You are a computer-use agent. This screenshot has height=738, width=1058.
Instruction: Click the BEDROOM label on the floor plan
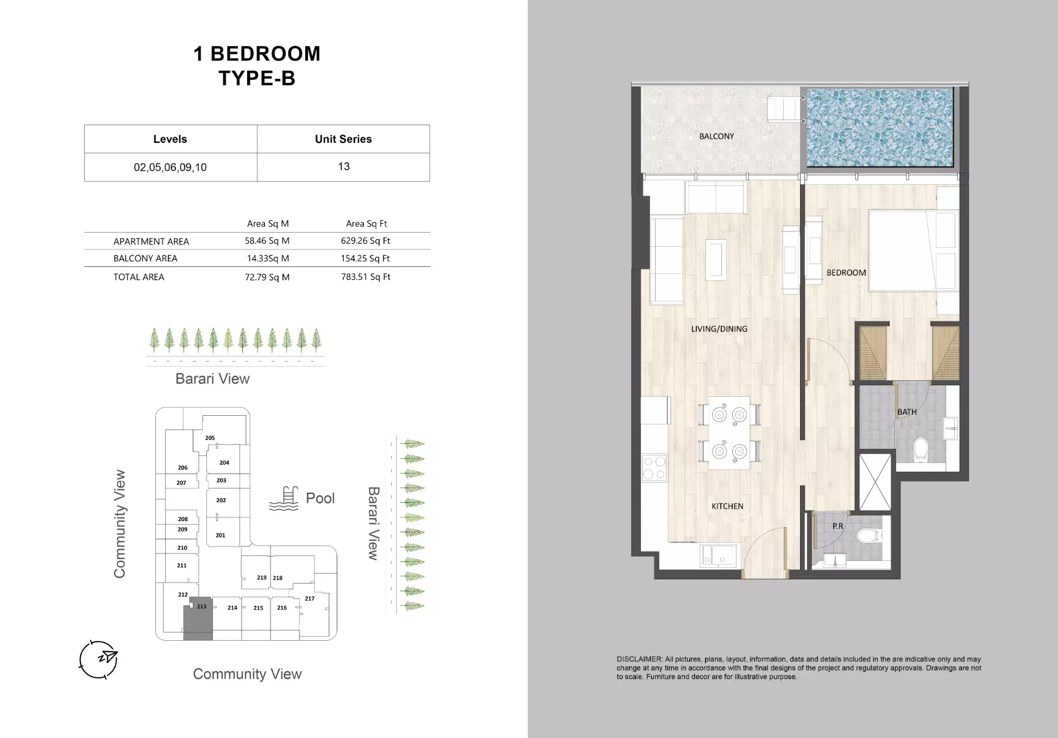[846, 273]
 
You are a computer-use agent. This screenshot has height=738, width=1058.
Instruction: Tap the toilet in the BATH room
[920, 450]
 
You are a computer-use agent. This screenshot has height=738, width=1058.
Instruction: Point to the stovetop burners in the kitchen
[654, 468]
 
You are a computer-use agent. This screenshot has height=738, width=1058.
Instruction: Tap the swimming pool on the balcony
[879, 128]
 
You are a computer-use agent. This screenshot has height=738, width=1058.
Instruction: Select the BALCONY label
[716, 136]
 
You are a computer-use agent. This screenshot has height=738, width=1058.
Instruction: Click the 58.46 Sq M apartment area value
[267, 241]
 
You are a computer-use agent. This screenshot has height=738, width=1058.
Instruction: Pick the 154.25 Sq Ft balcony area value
[365, 259]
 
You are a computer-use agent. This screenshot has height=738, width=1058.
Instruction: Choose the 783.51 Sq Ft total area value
[366, 277]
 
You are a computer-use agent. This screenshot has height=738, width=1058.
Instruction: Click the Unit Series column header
[343, 139]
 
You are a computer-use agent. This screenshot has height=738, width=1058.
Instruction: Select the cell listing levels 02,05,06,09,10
[170, 167]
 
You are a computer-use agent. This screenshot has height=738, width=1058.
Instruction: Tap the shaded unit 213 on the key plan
[198, 622]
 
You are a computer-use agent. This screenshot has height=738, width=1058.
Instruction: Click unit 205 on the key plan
[210, 438]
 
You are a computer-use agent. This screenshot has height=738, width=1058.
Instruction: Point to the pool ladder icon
[284, 498]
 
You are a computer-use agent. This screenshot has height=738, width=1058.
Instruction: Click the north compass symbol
[98, 659]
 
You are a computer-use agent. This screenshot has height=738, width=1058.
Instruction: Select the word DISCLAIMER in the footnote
[639, 659]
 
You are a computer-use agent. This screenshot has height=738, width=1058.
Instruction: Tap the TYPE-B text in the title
[257, 78]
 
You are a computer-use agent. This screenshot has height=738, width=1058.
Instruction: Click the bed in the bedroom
[912, 251]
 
